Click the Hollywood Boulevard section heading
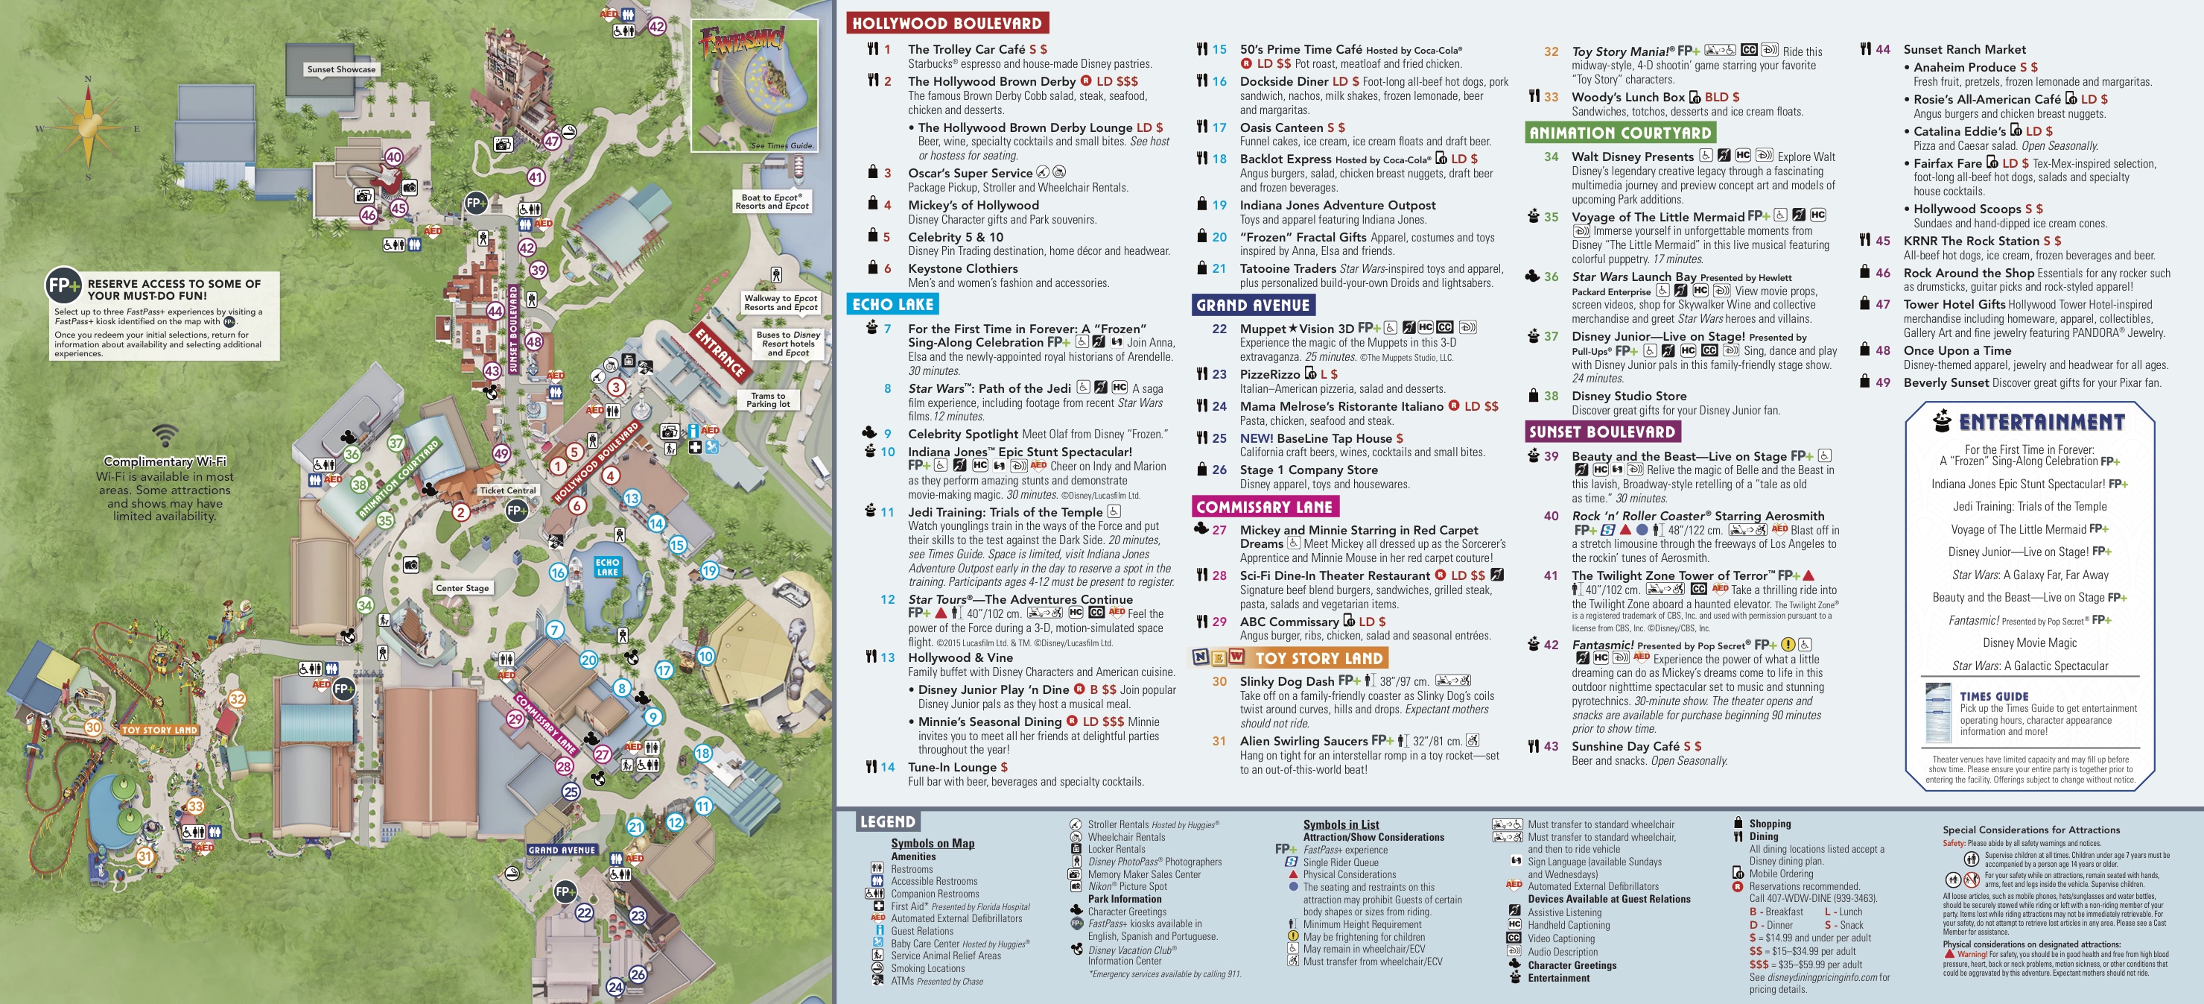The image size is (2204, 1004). (946, 23)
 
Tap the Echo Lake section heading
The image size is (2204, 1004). (892, 304)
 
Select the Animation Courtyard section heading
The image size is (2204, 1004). (1619, 133)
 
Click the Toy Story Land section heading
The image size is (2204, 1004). (1318, 658)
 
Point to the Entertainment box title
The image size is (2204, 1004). (2042, 422)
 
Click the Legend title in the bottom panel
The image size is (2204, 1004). (887, 821)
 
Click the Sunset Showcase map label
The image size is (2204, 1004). (341, 69)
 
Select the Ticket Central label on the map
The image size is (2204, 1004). (507, 490)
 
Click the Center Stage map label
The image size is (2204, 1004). (462, 588)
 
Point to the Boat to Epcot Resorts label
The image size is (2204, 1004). (772, 201)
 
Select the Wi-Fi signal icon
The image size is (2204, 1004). (165, 435)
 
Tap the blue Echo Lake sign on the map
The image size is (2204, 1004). (608, 566)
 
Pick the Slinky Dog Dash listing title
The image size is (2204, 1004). (1287, 681)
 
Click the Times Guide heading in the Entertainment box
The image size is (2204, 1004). (1993, 697)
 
